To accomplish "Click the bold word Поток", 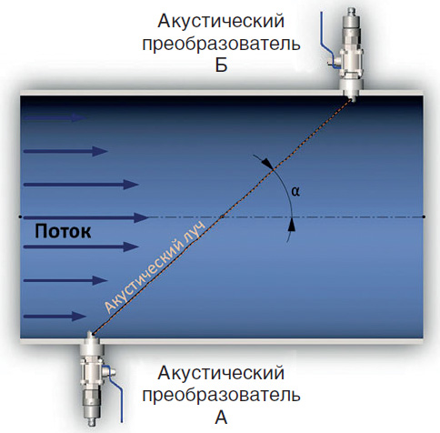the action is (63, 231).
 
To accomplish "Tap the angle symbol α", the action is (295, 191).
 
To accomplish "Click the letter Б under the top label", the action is (221, 65).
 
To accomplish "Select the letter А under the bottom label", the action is (221, 418).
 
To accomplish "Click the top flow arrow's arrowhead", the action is (79, 117).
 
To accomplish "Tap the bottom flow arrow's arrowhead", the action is (79, 317).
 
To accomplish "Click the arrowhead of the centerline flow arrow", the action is (142, 217).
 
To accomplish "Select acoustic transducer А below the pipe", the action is (92, 378).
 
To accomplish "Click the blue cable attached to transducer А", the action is (115, 394).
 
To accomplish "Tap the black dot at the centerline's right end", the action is (424, 216).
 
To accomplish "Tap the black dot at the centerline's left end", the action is (20, 216).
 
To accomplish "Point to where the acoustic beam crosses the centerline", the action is (222, 216).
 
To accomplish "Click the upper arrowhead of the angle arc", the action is (268, 164).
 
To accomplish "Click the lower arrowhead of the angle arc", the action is (292, 225).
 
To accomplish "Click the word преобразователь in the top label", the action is (222, 44).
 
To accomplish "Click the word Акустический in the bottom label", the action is (221, 373).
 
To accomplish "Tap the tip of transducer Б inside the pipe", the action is (352, 101).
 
